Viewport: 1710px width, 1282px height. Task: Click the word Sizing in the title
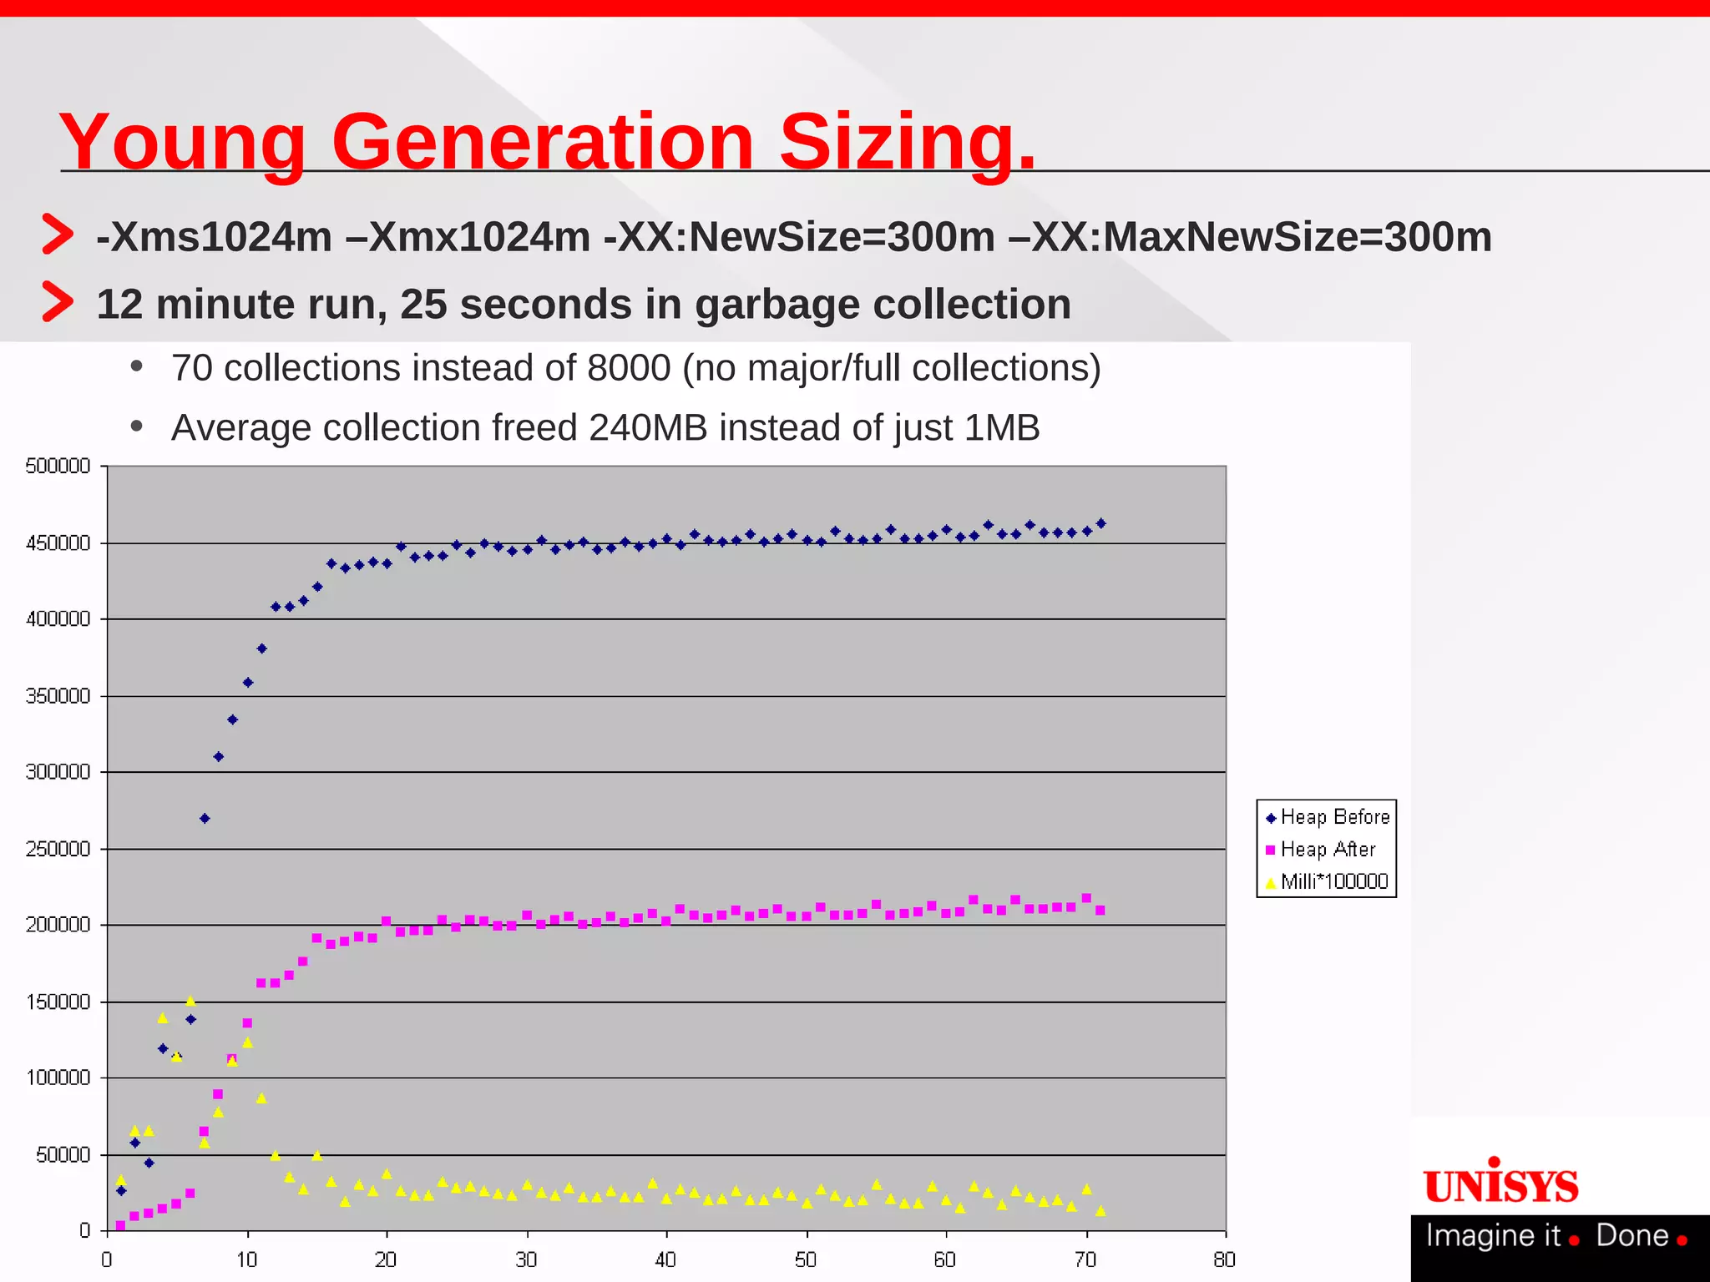pos(907,142)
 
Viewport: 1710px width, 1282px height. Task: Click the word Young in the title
pos(183,144)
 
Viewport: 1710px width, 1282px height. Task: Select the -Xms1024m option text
pos(215,237)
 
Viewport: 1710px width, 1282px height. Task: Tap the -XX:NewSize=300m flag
pos(799,237)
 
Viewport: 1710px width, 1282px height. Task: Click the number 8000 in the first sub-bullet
pos(629,368)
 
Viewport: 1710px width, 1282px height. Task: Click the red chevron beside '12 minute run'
pos(58,301)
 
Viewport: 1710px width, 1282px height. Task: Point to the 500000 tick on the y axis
pos(58,467)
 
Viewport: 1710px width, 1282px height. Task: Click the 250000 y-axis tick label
pos(58,849)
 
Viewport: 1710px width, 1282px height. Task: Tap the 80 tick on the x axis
pos(1224,1259)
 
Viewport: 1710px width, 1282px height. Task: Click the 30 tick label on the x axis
pos(526,1259)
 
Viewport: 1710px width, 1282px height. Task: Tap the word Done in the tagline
pos(1632,1235)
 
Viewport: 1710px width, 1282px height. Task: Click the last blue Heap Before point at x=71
pos(1100,523)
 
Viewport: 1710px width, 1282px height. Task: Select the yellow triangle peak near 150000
pos(190,1000)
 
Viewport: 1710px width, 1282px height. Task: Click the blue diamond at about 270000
pos(205,819)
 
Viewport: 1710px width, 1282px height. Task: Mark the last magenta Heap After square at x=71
pos(1100,911)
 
